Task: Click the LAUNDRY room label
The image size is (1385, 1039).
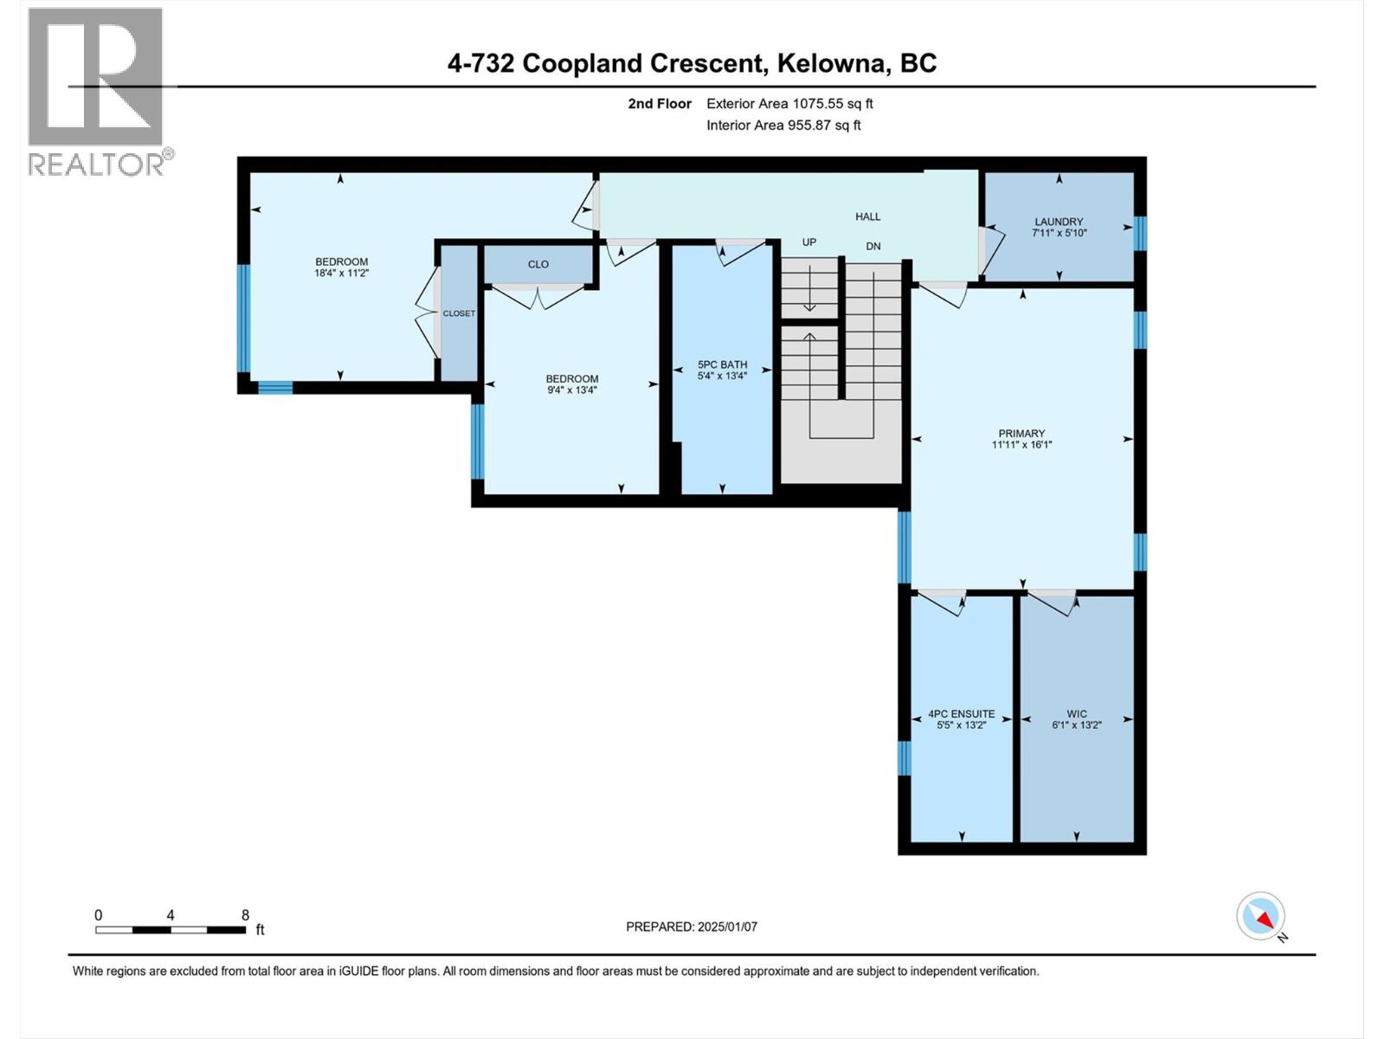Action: (1058, 222)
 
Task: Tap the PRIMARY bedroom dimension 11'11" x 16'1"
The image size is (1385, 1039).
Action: (1021, 445)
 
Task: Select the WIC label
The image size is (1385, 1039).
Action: (1076, 714)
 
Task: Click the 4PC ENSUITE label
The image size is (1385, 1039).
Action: (961, 714)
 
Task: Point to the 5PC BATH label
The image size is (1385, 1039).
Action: (722, 365)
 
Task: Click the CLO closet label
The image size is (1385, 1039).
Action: (538, 264)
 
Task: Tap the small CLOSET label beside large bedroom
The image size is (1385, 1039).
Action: (459, 313)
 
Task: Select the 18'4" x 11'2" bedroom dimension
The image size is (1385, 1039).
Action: (341, 273)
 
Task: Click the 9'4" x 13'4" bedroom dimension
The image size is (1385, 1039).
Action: (571, 390)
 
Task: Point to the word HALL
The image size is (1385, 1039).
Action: (867, 216)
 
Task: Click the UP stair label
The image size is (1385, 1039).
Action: (808, 242)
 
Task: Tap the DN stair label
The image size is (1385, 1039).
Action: (873, 246)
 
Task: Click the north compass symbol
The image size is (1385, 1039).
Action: (1261, 916)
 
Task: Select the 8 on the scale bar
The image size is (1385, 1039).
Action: (245, 915)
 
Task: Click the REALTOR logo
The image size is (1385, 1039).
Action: (97, 91)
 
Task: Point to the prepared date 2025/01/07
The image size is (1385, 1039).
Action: (726, 926)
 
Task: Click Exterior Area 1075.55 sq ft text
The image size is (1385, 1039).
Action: (789, 103)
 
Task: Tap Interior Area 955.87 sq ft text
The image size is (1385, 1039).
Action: (783, 125)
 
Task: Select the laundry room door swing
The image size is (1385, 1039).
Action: (991, 251)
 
